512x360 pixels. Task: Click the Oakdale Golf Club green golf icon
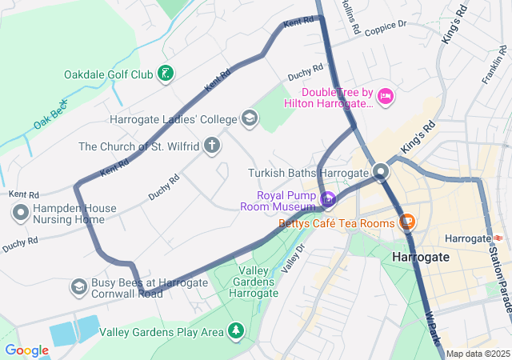pos(165,75)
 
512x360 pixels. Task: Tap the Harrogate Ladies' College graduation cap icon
pos(250,119)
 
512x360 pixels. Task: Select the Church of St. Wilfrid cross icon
pos(211,146)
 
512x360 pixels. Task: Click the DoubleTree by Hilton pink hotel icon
pos(386,97)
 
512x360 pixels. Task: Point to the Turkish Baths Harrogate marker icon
pos(381,172)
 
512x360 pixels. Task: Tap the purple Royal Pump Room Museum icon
pos(327,198)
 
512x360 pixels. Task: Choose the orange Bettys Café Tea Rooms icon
pos(406,222)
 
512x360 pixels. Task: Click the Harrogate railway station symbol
pos(498,238)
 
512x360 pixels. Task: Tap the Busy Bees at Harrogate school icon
pos(78,286)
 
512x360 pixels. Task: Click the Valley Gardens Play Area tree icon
pos(235,330)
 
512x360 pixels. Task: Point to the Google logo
pos(26,350)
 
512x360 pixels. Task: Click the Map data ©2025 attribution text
pos(478,354)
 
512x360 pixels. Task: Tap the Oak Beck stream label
pos(52,114)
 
